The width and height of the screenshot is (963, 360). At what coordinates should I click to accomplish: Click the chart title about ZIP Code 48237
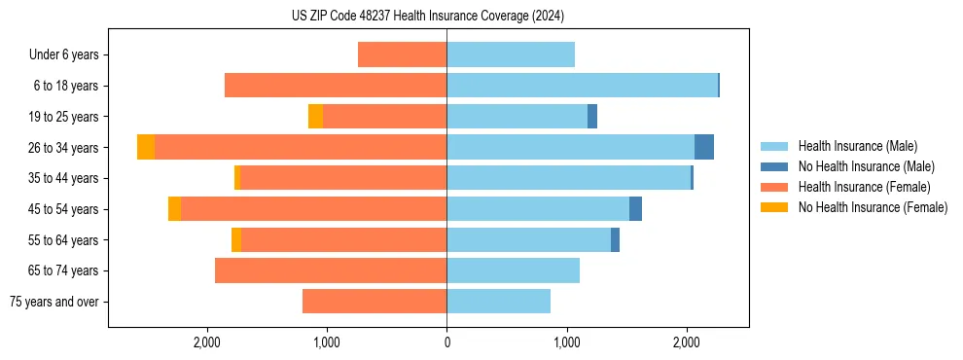click(x=427, y=17)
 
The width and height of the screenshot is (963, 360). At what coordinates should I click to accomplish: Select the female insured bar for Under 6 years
click(x=402, y=54)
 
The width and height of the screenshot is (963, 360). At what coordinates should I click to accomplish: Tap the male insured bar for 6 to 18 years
click(x=582, y=86)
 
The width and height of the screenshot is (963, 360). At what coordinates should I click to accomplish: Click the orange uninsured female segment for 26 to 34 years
click(x=146, y=147)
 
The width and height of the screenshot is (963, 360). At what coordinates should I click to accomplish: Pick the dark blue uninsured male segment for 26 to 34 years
click(x=704, y=147)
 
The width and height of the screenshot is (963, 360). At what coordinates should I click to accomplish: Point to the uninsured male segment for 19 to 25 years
click(x=592, y=117)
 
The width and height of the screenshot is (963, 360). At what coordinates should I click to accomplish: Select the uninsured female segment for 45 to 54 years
click(x=174, y=209)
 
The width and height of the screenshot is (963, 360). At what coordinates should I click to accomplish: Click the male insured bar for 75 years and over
click(x=498, y=302)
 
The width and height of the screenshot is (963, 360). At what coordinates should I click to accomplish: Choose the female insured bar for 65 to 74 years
click(x=331, y=270)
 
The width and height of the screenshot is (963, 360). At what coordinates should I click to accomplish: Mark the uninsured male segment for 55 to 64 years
click(x=615, y=240)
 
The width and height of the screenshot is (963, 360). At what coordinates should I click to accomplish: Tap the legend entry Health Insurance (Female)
click(x=864, y=187)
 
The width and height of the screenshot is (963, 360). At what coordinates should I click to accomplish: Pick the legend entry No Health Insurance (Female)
click(x=873, y=207)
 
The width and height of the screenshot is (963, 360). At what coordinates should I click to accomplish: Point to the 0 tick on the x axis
click(x=446, y=342)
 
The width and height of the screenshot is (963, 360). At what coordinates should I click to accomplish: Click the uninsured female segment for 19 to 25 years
click(x=315, y=117)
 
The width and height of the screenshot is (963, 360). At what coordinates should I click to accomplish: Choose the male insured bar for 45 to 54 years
click(x=538, y=209)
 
